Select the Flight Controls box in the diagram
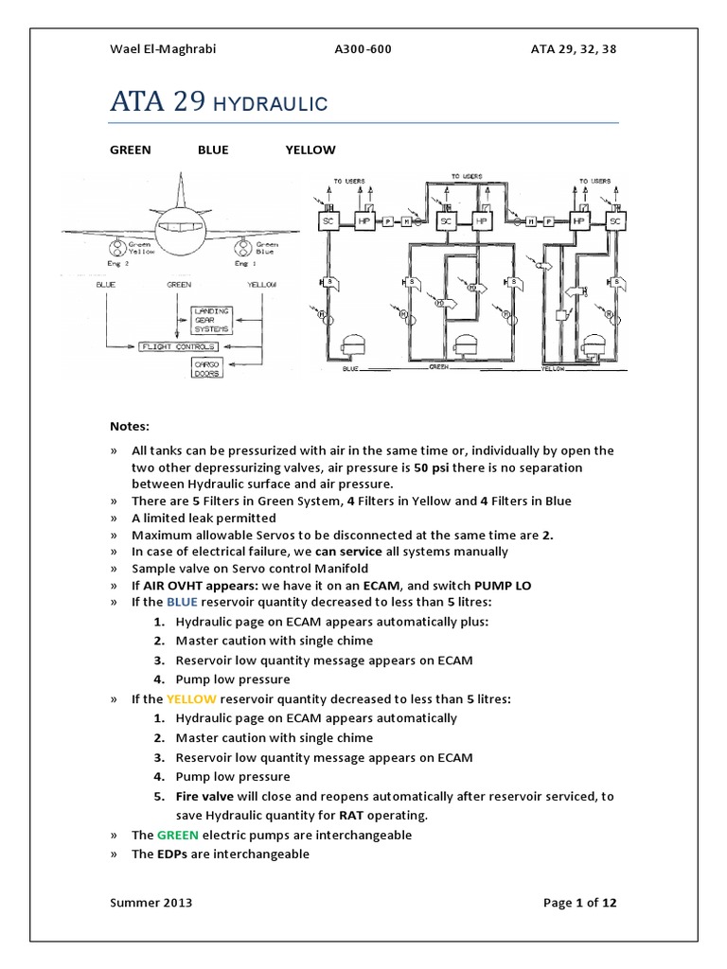173,347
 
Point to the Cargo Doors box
206,369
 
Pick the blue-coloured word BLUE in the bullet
183,601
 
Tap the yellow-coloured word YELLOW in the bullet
191,698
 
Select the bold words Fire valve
204,796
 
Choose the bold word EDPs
171,854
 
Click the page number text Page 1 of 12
579,903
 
